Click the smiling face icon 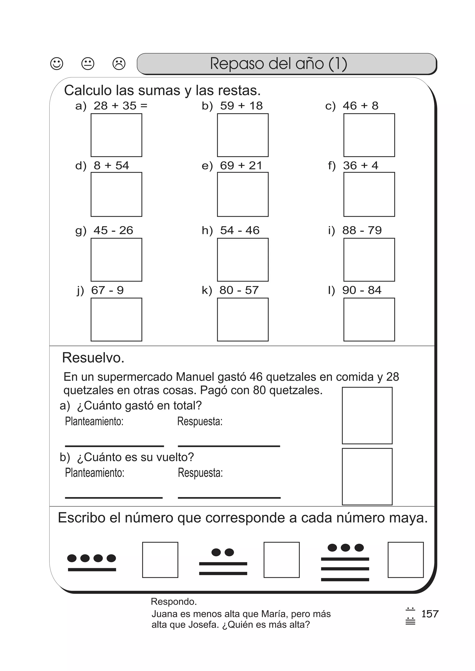point(57,63)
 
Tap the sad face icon point(119,63)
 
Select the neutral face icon point(88,63)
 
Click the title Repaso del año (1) point(278,63)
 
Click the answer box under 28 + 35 point(116,135)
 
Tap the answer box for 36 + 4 point(369,194)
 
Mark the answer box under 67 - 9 point(116,319)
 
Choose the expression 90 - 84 point(362,290)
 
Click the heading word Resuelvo point(93,358)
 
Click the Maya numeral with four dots point(92,563)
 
